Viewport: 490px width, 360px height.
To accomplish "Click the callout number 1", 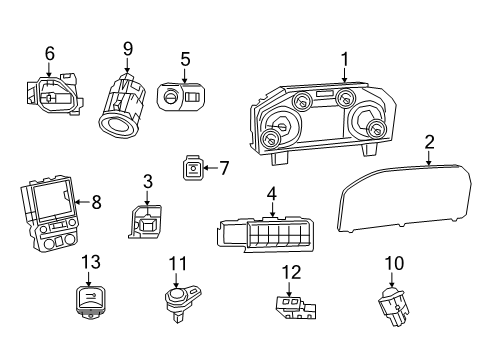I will click(344, 59).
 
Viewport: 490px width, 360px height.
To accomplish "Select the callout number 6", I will click(48, 53).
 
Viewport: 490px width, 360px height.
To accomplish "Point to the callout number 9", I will click(128, 48).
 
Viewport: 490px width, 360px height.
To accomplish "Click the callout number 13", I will click(91, 261).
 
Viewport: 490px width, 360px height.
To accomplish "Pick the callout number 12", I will click(291, 271).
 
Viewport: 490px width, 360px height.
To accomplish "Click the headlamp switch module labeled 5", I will click(181, 98).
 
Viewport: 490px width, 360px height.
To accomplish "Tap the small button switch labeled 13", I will click(91, 298).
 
